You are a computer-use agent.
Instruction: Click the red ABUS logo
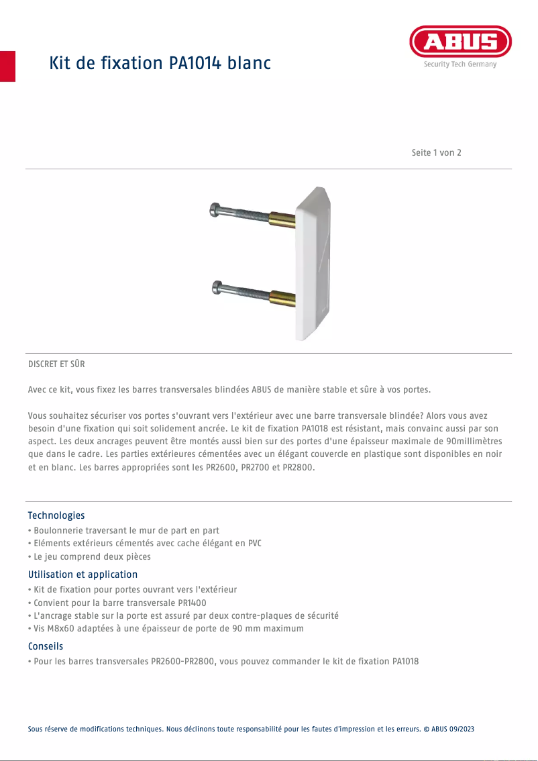click(460, 42)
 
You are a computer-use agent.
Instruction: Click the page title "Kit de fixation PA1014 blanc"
click(160, 64)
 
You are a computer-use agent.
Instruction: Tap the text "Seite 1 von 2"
click(436, 152)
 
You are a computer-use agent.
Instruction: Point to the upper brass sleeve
click(282, 219)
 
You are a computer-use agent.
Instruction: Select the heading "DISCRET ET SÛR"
click(56, 364)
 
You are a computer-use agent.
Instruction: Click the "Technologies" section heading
click(56, 515)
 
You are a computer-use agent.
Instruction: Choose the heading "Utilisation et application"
click(83, 574)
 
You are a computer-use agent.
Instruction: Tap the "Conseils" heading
click(46, 646)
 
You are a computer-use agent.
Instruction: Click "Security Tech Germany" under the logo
click(460, 64)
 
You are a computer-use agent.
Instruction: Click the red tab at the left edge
click(7, 66)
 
